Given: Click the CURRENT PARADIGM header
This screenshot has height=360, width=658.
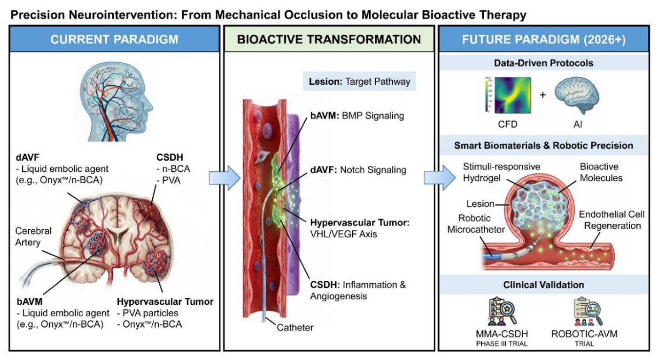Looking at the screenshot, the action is (115, 39).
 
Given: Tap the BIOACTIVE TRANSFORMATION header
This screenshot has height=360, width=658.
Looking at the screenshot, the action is (329, 39).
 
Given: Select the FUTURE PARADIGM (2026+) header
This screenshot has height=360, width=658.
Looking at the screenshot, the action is (543, 39).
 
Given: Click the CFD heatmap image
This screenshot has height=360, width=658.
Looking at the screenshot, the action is (513, 95).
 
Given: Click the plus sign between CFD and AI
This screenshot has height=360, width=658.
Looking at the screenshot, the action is (543, 95).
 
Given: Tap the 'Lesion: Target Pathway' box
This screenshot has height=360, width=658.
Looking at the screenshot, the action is (359, 82).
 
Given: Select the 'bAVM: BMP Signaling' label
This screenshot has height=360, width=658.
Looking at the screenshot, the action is (357, 116).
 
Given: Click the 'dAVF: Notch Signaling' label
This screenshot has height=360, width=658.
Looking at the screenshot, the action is (358, 170).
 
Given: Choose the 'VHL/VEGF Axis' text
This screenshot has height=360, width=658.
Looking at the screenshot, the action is (344, 234).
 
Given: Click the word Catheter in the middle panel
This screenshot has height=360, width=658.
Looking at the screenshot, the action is (295, 328).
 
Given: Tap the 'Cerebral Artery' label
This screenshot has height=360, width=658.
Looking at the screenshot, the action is (33, 237).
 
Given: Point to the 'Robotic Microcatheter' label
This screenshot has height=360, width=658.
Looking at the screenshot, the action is (476, 224).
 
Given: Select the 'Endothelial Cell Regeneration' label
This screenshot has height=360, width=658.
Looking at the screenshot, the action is (612, 220).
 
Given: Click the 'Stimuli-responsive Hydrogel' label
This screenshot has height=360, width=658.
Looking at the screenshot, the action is (501, 172).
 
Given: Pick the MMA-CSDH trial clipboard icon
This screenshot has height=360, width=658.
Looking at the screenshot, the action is (502, 311).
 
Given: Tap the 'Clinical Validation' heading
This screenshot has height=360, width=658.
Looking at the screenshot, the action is (543, 285).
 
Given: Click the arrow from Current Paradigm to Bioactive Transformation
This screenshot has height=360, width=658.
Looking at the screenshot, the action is (225, 178).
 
